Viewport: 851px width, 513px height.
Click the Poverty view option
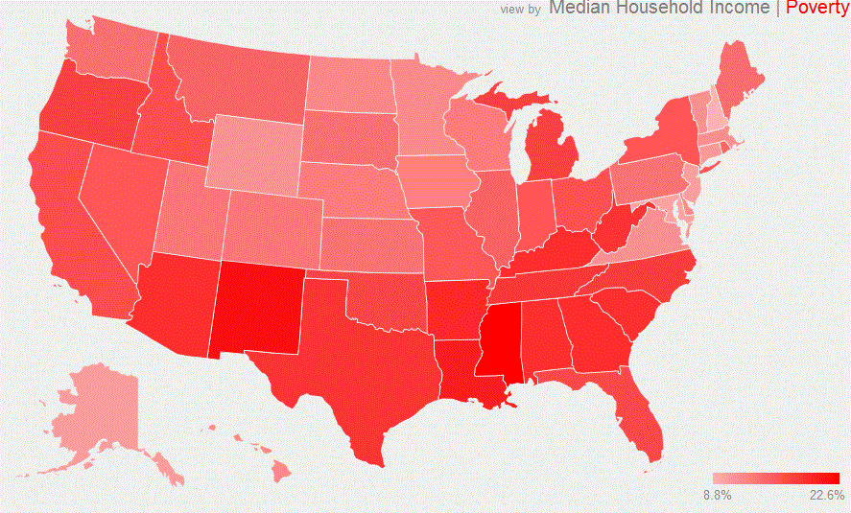click(x=816, y=8)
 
